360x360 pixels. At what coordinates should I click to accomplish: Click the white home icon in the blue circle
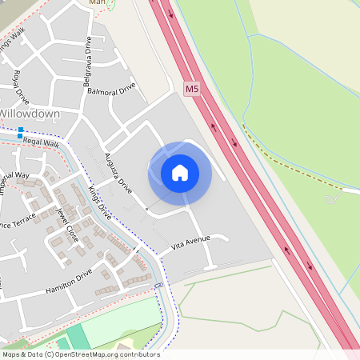[x=180, y=173]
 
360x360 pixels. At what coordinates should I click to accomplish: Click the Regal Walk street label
[x=42, y=142]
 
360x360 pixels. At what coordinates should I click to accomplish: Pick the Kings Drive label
[x=100, y=202]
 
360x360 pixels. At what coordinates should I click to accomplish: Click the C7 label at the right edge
[x=331, y=198]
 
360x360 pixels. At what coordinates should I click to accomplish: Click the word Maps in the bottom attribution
[x=11, y=354]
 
